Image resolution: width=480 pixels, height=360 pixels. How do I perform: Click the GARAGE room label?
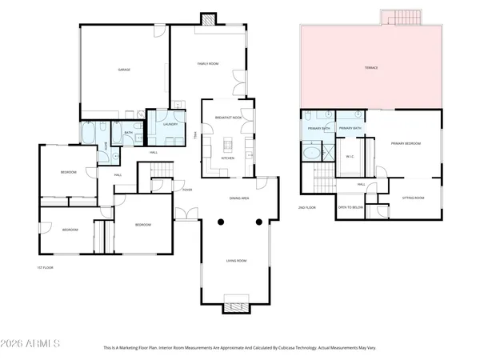pyautogui.click(x=124, y=70)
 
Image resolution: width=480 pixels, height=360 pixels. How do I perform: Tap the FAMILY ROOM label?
pyautogui.click(x=208, y=63)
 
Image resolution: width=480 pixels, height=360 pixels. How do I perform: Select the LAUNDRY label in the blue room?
pyautogui.click(x=170, y=125)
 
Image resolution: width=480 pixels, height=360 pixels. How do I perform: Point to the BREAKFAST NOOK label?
pyautogui.click(x=228, y=118)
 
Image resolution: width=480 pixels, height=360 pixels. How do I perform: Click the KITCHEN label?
pyautogui.click(x=227, y=158)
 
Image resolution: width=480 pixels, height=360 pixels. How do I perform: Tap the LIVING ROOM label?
pyautogui.click(x=235, y=261)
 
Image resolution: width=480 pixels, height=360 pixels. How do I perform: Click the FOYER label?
pyautogui.click(x=187, y=190)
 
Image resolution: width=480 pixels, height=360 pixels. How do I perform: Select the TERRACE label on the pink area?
pyautogui.click(x=370, y=68)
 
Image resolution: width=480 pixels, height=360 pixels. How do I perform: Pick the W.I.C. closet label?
pyautogui.click(x=350, y=157)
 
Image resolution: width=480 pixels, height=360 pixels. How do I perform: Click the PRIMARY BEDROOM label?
pyautogui.click(x=406, y=143)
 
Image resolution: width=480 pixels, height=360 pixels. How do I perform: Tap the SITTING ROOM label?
pyautogui.click(x=413, y=198)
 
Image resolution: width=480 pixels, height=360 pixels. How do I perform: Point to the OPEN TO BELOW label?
pyautogui.click(x=351, y=206)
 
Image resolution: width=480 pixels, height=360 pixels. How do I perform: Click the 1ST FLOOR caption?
pyautogui.click(x=45, y=267)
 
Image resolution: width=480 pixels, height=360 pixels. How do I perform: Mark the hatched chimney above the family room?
pyautogui.click(x=208, y=18)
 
